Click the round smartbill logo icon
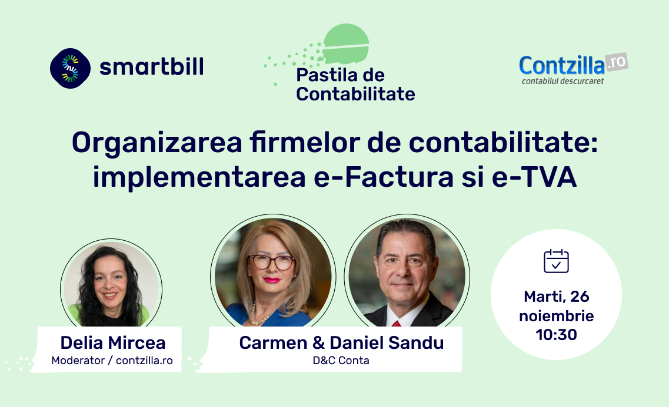(70, 68)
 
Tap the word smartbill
(151, 67)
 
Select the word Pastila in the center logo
(328, 75)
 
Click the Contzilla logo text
(562, 66)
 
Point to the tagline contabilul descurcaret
(563, 81)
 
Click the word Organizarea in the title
(157, 143)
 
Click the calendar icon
(557, 261)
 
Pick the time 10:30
(557, 335)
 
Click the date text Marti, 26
(557, 297)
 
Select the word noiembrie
(557, 316)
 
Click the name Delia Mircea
(113, 343)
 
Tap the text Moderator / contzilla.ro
(112, 361)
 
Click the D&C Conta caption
(341, 361)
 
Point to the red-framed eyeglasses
(272, 262)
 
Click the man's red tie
(397, 324)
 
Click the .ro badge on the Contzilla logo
(617, 62)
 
